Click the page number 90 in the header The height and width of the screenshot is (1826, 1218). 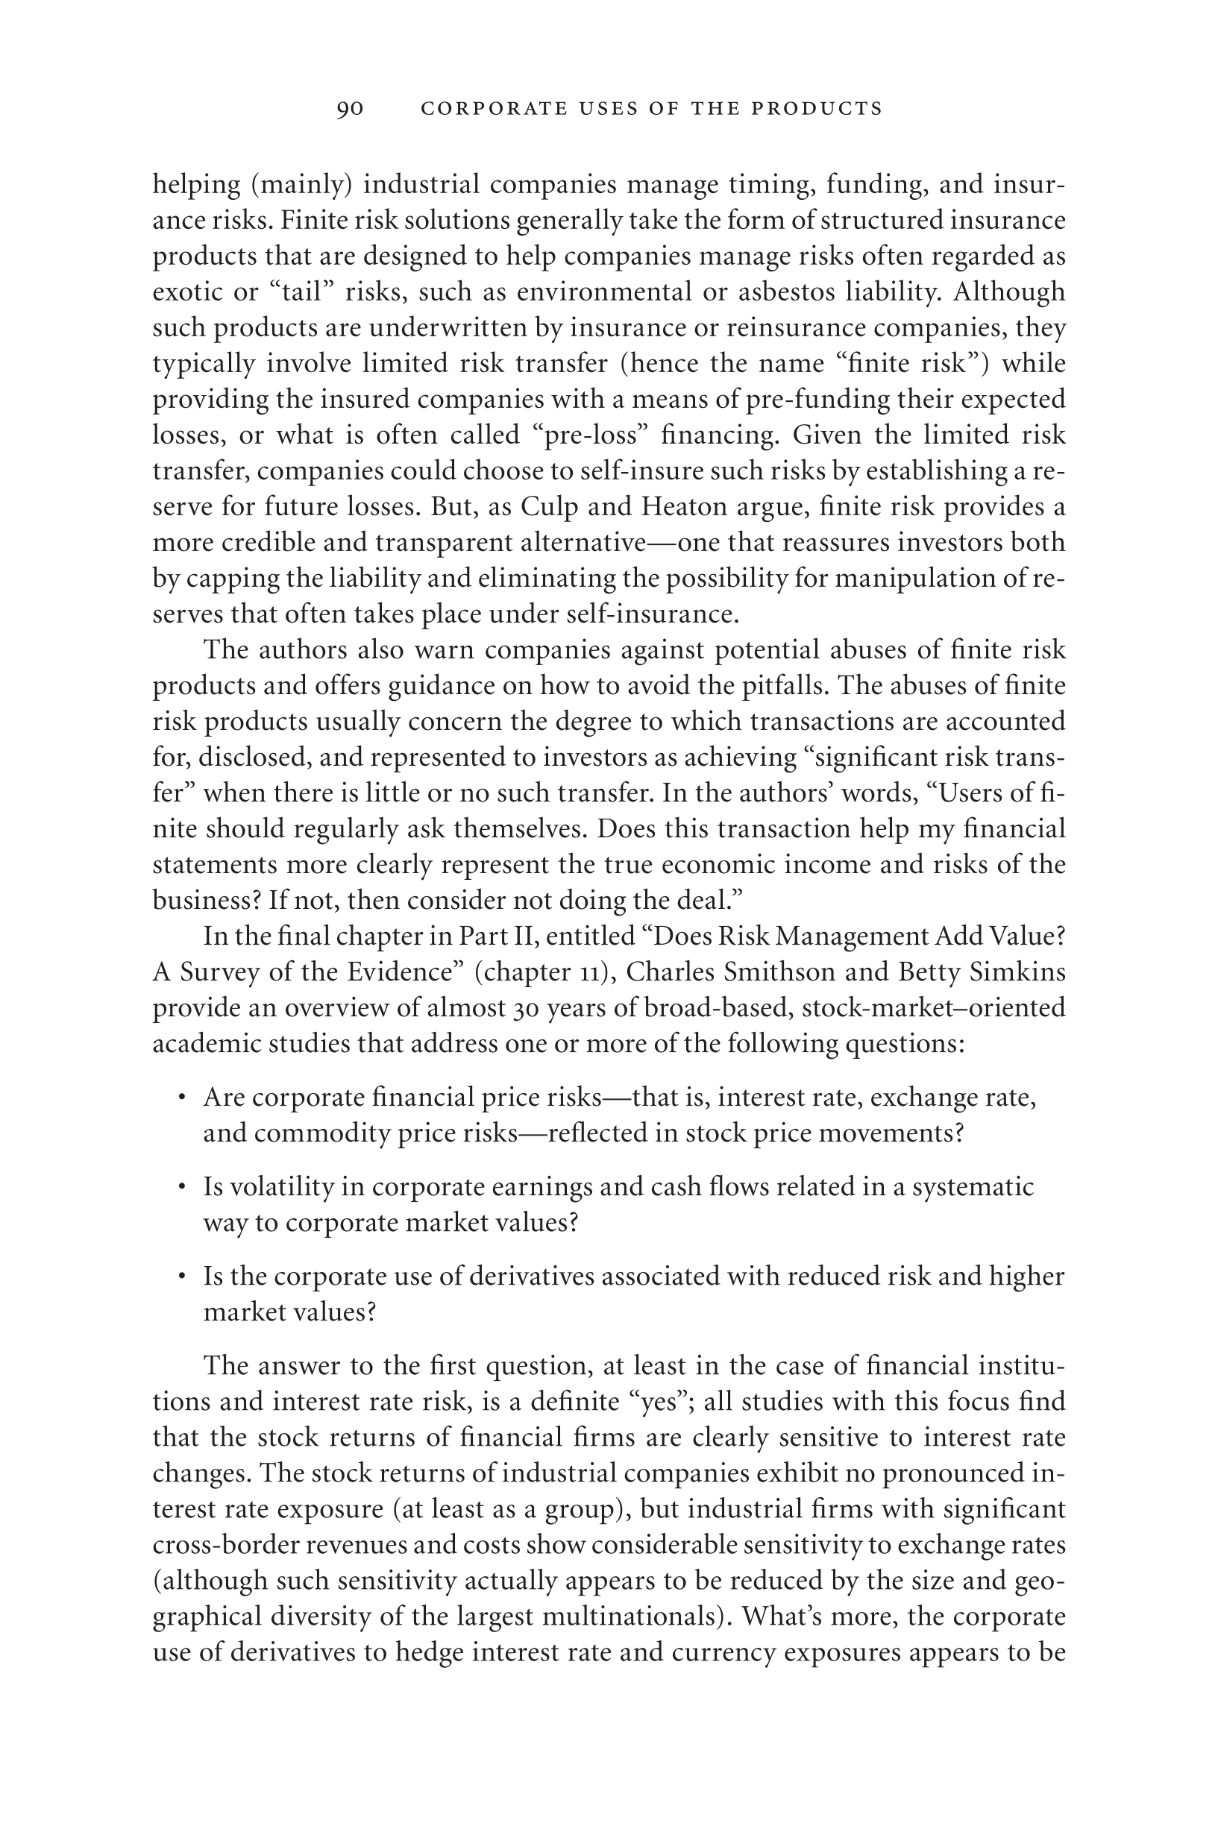[350, 109]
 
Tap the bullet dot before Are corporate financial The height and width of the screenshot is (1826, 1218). [181, 1098]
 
